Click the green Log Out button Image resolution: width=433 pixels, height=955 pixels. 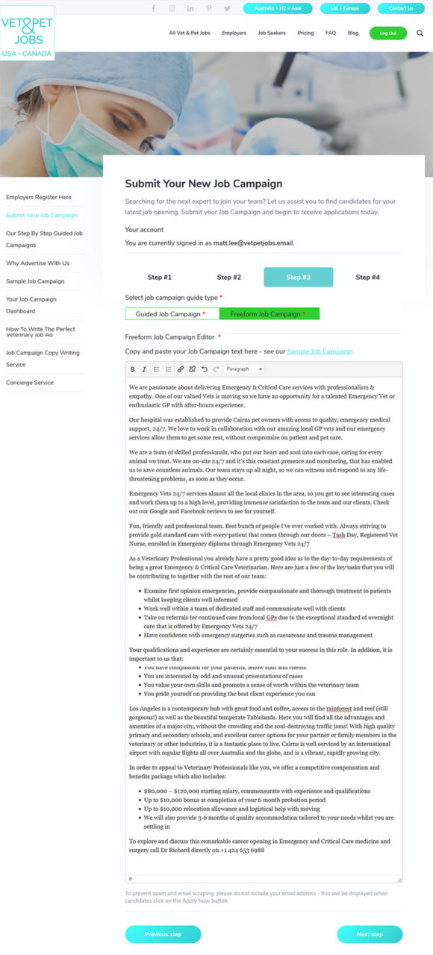coord(388,33)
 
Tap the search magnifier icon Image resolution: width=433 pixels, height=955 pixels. coord(420,33)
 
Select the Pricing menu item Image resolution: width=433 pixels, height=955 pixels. coord(305,33)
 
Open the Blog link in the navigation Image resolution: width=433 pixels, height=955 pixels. coord(353,33)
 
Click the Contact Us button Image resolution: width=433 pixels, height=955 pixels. coord(401,8)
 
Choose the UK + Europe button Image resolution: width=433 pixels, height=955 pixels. coord(344,8)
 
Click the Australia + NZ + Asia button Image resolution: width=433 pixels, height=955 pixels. coord(278,8)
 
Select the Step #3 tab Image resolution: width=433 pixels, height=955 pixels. coord(299,277)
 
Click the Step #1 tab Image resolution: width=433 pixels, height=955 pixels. coord(160,277)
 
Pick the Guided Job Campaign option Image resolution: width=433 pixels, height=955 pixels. coord(171,314)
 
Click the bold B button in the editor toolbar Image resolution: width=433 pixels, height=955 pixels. coord(133,369)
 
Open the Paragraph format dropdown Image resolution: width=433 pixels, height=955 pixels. coord(244,369)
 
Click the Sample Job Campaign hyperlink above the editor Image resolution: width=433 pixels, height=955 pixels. coord(320,351)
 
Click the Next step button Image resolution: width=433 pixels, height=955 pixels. coord(370,934)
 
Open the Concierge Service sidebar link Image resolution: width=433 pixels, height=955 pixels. coord(30,383)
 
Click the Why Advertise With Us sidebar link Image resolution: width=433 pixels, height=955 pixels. coord(37,263)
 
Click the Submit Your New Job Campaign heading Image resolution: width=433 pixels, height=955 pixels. coord(203,184)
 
